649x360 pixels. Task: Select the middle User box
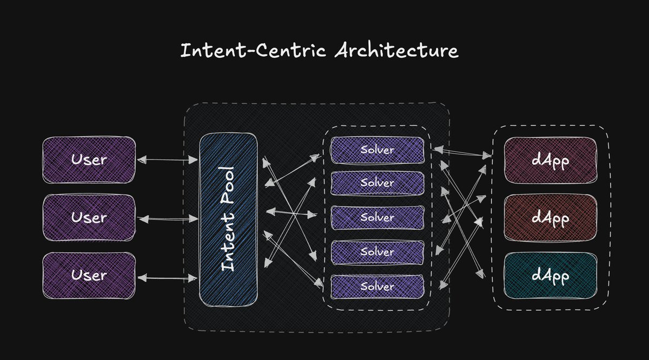coord(89,217)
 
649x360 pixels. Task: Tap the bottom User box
coord(89,275)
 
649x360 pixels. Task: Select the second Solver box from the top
coord(377,183)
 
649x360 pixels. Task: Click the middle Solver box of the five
coord(377,217)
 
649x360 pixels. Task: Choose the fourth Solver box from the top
coord(377,252)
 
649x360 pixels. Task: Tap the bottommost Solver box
coord(377,285)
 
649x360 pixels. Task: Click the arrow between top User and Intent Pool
coord(168,159)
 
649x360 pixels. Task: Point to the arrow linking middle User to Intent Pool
coord(168,219)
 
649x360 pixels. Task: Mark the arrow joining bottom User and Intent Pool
coord(168,278)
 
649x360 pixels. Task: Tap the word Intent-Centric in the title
coord(253,51)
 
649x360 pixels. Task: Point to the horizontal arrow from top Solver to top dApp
coord(462,151)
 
